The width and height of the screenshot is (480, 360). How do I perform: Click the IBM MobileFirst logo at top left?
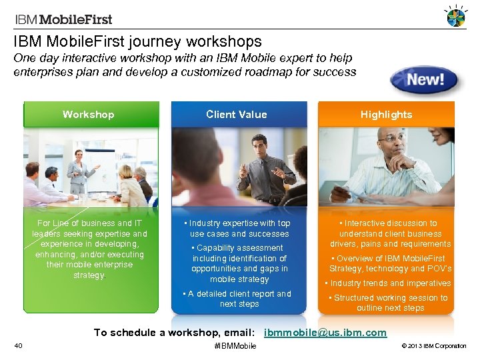coord(63,19)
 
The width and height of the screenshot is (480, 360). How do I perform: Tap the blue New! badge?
coord(426,81)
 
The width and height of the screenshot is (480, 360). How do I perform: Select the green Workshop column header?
coord(89,115)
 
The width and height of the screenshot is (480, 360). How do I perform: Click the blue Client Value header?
coord(236,115)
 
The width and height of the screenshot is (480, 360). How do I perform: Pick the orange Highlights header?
coord(387,115)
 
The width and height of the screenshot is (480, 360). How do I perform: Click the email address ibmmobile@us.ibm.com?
coord(325,332)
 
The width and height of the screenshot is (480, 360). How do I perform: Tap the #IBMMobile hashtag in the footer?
coord(235,346)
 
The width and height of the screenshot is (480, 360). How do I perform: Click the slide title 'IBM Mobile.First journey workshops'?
coord(137,42)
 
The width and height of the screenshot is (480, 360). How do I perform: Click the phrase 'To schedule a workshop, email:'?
coord(174,332)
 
